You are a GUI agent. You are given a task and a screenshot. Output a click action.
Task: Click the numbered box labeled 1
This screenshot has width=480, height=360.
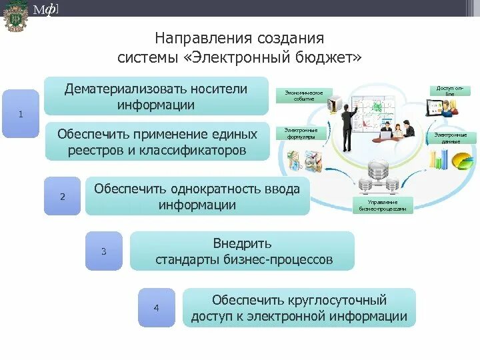click(x=21, y=114)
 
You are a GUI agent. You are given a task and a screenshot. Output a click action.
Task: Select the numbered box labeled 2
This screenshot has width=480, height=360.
click(x=63, y=196)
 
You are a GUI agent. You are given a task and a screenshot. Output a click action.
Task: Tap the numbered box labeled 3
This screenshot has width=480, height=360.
click(x=104, y=251)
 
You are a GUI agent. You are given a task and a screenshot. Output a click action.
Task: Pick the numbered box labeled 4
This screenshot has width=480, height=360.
click(x=157, y=307)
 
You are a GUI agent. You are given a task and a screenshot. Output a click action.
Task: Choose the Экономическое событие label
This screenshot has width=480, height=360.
click(x=304, y=95)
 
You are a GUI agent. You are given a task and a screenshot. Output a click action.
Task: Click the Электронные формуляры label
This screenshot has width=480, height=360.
click(x=301, y=133)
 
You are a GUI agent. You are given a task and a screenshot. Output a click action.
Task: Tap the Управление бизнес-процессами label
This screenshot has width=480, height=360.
click(x=383, y=205)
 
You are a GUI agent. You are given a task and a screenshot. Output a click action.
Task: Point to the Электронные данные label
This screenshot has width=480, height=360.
click(x=451, y=138)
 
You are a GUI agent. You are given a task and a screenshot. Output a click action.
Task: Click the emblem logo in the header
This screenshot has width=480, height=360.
click(x=14, y=16)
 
